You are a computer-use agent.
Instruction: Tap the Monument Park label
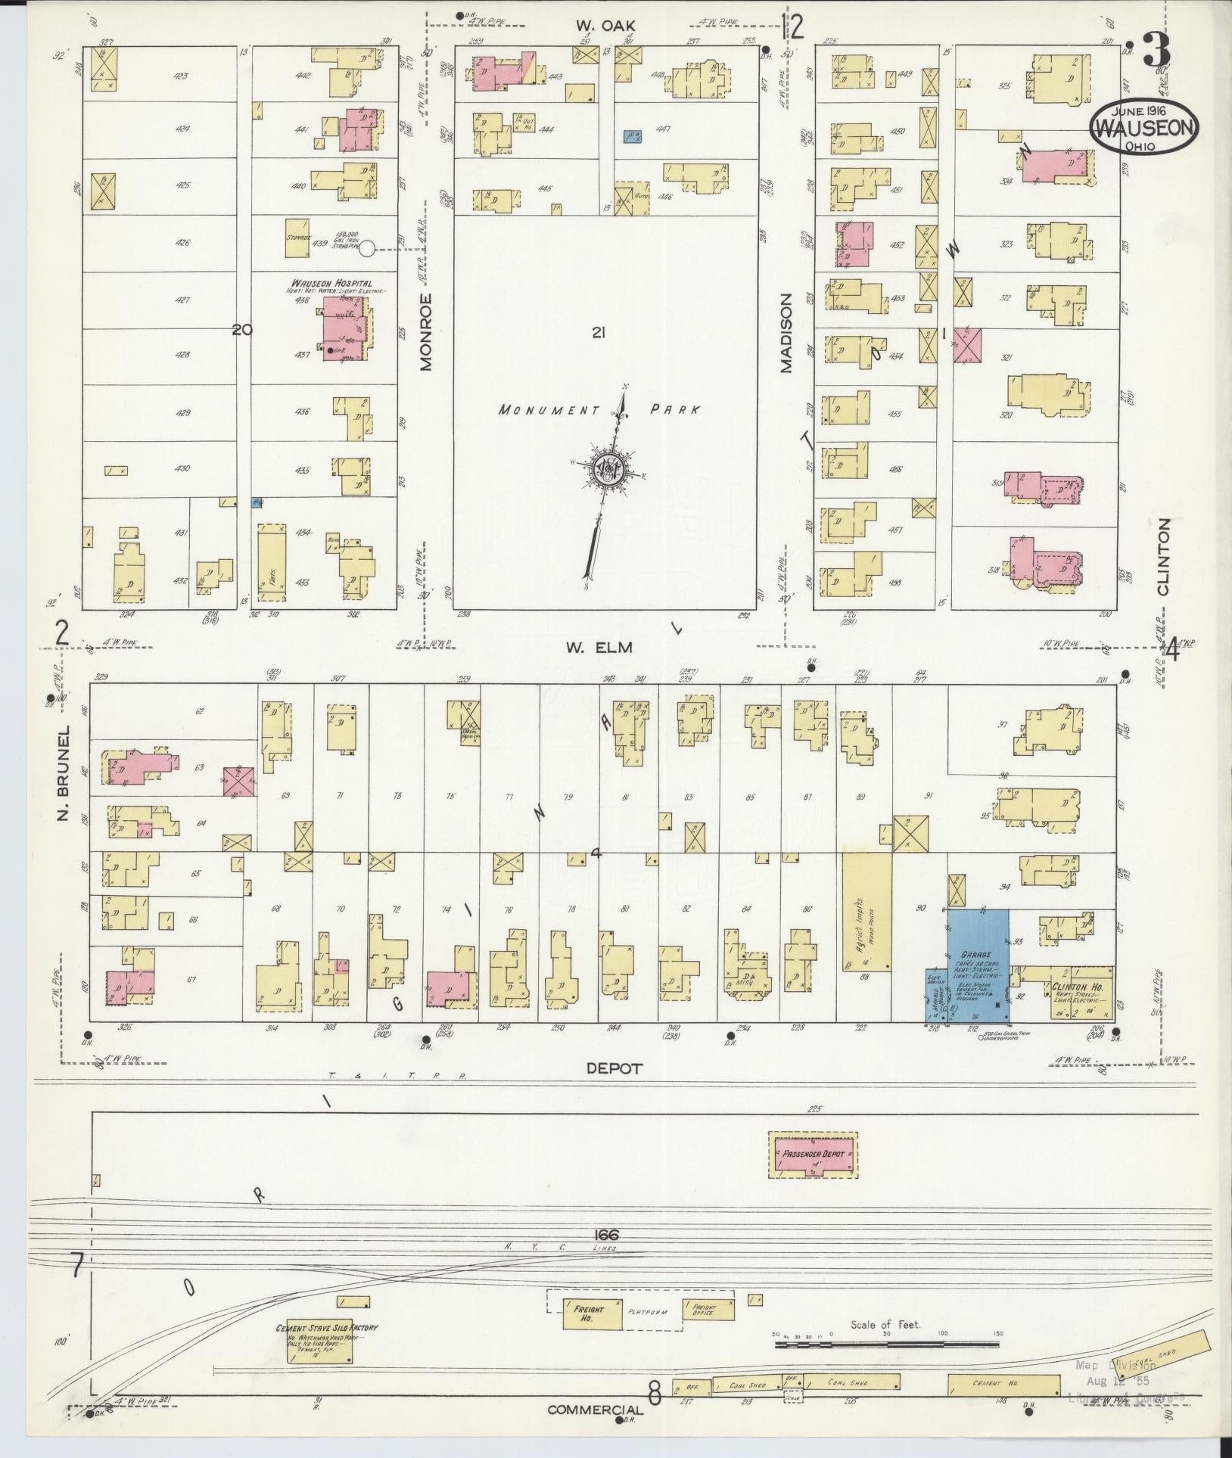coord(598,410)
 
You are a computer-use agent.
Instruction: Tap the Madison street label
coord(785,333)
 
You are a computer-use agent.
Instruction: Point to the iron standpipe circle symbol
coord(367,247)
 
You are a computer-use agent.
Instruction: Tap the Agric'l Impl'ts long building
coord(867,912)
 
